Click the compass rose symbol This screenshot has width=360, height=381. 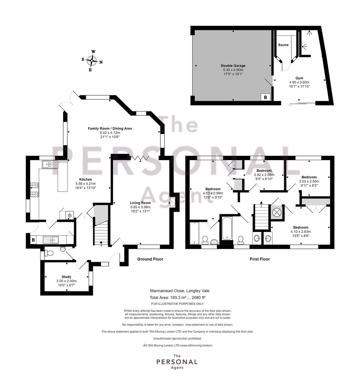click(x=92, y=61)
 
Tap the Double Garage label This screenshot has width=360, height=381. click(x=233, y=66)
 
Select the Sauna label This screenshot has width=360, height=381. click(x=283, y=45)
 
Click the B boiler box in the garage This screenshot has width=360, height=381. click(x=265, y=97)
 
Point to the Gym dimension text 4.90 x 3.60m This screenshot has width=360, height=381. click(x=299, y=82)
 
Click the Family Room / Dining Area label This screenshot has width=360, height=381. click(x=110, y=128)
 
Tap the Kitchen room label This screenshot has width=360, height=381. click(x=85, y=179)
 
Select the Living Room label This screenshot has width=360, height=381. click(x=140, y=202)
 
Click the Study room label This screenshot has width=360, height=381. click(x=66, y=277)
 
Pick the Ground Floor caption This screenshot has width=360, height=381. click(x=150, y=259)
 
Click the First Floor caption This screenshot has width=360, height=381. click(x=260, y=259)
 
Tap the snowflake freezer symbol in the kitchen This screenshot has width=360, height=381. click(x=70, y=215)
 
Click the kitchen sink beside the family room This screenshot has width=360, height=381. click(x=50, y=164)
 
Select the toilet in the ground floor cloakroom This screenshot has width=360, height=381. click(x=49, y=253)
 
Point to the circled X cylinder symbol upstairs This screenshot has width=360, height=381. click(x=277, y=212)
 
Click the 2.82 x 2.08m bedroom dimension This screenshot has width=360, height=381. click(x=264, y=175)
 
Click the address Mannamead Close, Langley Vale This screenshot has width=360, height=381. click(x=180, y=291)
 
